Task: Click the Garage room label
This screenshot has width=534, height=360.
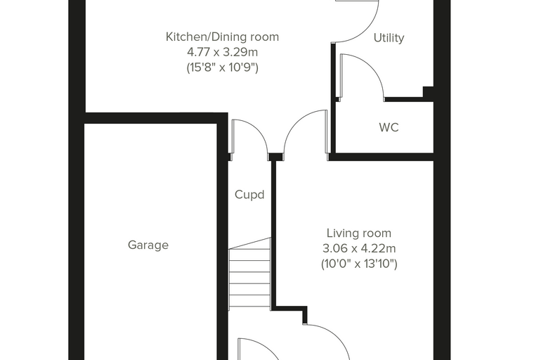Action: pyautogui.click(x=148, y=245)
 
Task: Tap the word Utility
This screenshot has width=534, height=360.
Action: pyautogui.click(x=389, y=37)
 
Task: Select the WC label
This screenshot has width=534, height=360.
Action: pyautogui.click(x=389, y=127)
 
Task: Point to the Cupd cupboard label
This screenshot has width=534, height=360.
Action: pyautogui.click(x=249, y=195)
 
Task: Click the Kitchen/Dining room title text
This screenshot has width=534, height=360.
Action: pyautogui.click(x=222, y=37)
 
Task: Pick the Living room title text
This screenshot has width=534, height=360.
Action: pyautogui.click(x=359, y=233)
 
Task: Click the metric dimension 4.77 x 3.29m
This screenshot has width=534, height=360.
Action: pyautogui.click(x=223, y=52)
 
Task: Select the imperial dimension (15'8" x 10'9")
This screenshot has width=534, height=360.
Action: pyautogui.click(x=223, y=67)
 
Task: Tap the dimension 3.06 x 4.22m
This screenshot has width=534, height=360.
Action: pyautogui.click(x=359, y=248)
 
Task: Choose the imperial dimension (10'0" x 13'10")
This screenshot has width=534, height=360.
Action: pyautogui.click(x=359, y=264)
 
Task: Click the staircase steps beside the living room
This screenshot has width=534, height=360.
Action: pyautogui.click(x=249, y=274)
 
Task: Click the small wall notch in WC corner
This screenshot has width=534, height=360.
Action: pyautogui.click(x=428, y=91)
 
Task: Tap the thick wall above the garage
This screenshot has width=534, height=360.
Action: pyautogui.click(x=156, y=118)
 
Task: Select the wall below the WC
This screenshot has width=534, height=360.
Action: pyautogui.click(x=382, y=157)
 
